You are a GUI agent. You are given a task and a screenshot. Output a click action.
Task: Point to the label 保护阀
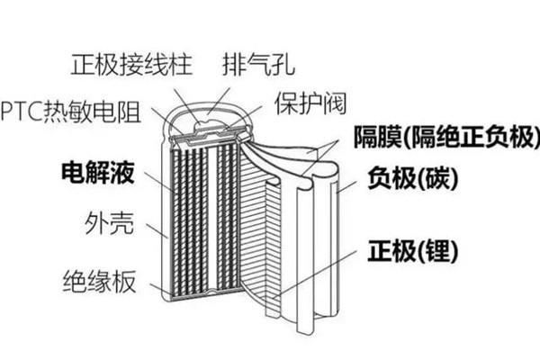pyautogui.click(x=307, y=102)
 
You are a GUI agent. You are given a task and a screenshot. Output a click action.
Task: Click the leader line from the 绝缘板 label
pyautogui.click(x=152, y=287)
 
